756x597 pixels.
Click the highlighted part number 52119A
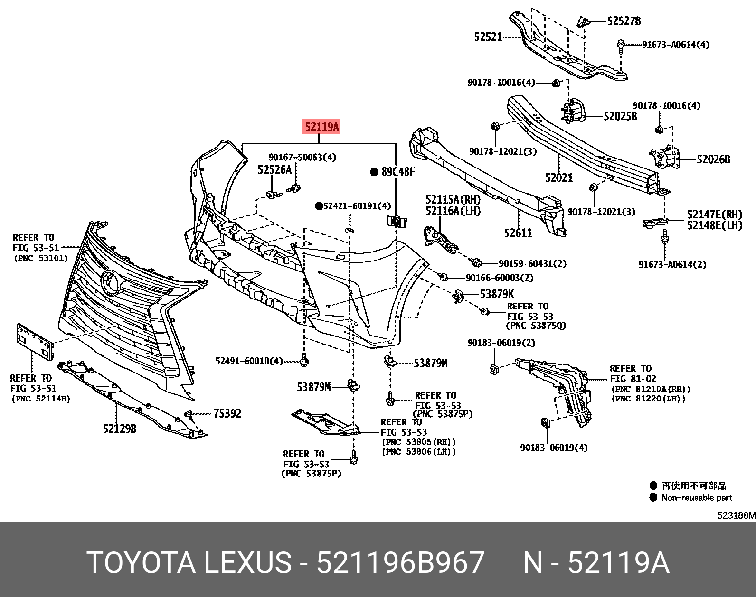point(321,127)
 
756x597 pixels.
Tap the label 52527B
point(624,21)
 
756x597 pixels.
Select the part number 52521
point(488,37)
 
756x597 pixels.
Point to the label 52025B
point(620,117)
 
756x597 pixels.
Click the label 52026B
point(713,160)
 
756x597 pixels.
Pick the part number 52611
point(518,233)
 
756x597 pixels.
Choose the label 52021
point(558,178)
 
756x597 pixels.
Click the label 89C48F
point(398,172)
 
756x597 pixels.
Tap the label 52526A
point(274,170)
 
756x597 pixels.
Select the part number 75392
point(227,414)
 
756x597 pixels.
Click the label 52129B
point(119,429)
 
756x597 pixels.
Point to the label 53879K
point(497,294)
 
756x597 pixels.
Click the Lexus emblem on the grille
point(110,281)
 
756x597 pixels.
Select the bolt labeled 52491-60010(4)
point(304,361)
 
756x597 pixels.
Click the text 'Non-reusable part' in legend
point(697,498)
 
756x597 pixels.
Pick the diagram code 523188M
point(736,515)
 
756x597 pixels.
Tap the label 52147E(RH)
point(714,215)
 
